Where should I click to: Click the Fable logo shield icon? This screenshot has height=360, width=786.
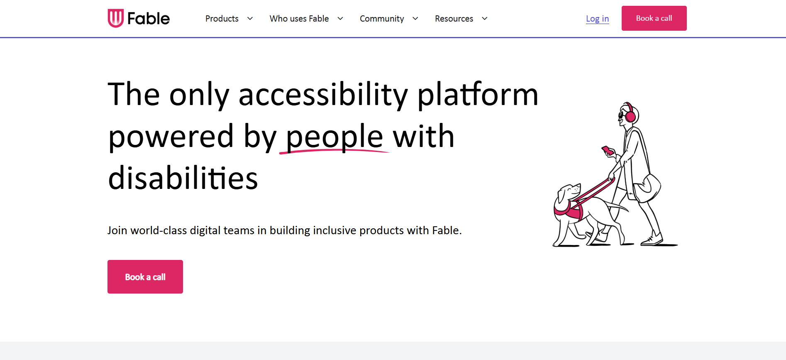pos(115,18)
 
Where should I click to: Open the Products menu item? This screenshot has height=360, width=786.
pos(222,19)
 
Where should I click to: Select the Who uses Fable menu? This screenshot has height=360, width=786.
pos(299,19)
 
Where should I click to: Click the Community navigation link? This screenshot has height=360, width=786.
pos(381,19)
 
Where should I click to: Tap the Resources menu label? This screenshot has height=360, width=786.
pos(454,19)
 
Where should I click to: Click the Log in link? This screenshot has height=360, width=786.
pos(597,19)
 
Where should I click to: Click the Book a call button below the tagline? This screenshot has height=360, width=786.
pos(145,277)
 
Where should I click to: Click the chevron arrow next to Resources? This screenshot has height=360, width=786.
pos(484,19)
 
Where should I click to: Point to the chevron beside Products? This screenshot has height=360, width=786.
pos(250,19)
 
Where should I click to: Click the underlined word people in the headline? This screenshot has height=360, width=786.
pos(334,137)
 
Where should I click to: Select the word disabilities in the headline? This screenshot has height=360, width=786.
pos(183,178)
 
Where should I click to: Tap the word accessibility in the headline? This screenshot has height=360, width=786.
pos(323,95)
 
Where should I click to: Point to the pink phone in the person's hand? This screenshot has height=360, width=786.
pos(608,150)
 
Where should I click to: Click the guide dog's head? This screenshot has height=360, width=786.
pos(569,193)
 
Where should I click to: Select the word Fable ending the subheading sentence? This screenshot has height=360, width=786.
pos(446,230)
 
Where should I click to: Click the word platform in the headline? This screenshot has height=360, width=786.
pos(477,95)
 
